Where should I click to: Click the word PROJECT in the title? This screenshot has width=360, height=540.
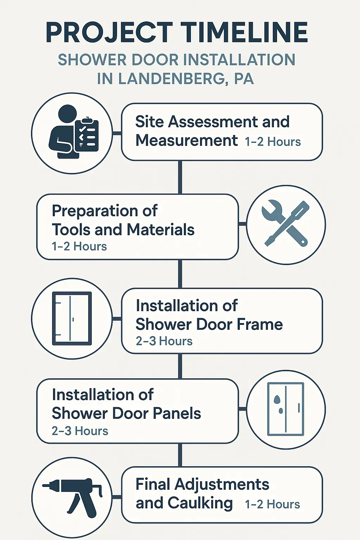pyautogui.click(x=109, y=33)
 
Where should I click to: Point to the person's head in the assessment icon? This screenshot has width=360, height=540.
pyautogui.click(x=67, y=114)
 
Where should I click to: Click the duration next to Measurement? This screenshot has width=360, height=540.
pyautogui.click(x=273, y=142)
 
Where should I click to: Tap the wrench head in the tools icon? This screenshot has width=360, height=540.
pyautogui.click(x=271, y=211)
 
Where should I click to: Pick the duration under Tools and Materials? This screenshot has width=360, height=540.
pyautogui.click(x=79, y=246)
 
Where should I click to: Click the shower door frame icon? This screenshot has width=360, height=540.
pyautogui.click(x=72, y=318)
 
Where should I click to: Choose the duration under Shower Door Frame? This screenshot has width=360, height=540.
pyautogui.click(x=164, y=341)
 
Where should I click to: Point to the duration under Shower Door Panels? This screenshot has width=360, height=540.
pyautogui.click(x=80, y=431)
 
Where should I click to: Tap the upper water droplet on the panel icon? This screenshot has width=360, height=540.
pyautogui.click(x=277, y=399)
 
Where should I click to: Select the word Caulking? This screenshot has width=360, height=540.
pyautogui.click(x=200, y=503)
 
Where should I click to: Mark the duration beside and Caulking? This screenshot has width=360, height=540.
pyautogui.click(x=272, y=504)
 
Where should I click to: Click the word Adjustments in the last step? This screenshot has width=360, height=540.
pyautogui.click(x=222, y=484)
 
